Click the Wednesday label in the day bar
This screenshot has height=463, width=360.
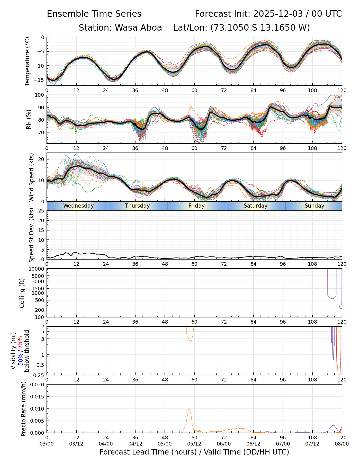point(78,206)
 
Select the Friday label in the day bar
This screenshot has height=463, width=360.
point(196,206)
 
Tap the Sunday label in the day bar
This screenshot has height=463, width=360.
point(314,206)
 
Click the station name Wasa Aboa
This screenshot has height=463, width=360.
point(138,28)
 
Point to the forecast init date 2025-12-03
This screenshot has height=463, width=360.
point(278,14)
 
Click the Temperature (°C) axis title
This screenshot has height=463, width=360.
point(28,61)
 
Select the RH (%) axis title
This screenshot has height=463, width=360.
point(29,119)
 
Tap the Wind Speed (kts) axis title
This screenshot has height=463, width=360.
point(31,177)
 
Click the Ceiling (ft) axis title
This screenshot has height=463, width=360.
point(22,293)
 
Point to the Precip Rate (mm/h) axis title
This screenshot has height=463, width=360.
point(24,409)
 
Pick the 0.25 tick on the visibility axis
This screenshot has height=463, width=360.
point(39,375)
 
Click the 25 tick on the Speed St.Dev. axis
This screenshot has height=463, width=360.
point(41,211)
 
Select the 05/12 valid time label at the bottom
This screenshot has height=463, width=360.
point(194,444)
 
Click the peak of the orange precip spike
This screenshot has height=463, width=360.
point(189,409)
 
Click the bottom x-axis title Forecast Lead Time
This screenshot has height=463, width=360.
point(194,452)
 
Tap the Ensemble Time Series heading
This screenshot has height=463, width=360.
point(94,14)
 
